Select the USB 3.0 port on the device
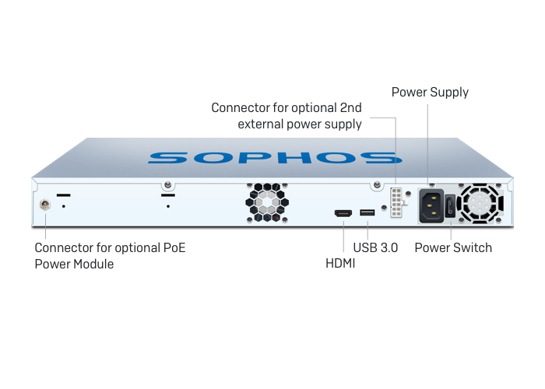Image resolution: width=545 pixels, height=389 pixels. [x=367, y=212]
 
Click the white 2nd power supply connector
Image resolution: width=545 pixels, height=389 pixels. [x=398, y=204]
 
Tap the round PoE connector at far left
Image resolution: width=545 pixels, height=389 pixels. [x=45, y=206]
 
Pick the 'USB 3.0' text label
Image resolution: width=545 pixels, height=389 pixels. [x=375, y=247]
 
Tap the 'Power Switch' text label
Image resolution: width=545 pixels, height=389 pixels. [x=453, y=247]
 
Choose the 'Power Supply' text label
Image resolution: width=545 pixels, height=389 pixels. [x=430, y=92]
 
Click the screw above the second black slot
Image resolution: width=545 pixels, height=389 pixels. [x=167, y=185]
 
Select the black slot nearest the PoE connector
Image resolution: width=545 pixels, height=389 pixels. [x=63, y=194]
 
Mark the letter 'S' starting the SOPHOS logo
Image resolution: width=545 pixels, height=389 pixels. [x=167, y=157]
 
